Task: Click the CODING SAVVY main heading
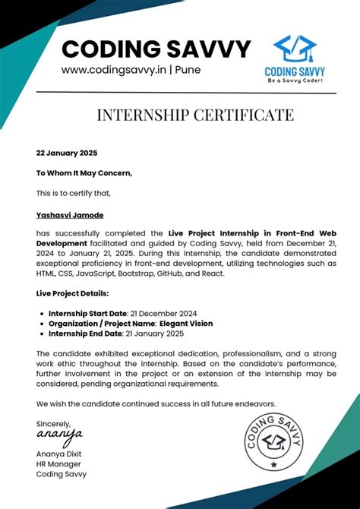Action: (156, 49)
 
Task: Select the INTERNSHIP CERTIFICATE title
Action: (195, 115)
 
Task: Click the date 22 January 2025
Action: (67, 153)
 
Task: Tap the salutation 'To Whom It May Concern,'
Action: (84, 172)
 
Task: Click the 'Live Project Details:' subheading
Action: (72, 292)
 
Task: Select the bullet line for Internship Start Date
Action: (113, 313)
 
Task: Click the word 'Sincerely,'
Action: (53, 423)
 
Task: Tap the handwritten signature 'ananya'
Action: (59, 435)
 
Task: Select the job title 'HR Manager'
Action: (58, 463)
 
